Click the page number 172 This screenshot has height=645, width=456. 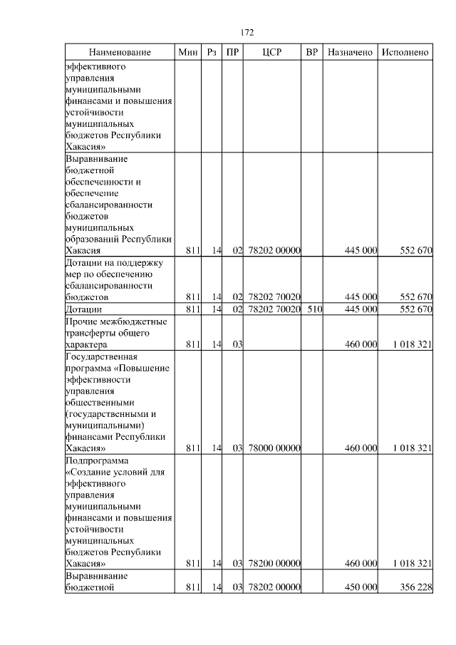247,33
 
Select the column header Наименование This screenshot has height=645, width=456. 120,53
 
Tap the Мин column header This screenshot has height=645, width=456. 187,53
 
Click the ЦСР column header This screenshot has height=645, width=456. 272,53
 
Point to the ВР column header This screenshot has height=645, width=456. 311,53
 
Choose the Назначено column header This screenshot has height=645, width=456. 350,53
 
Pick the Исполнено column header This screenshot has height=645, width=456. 405,53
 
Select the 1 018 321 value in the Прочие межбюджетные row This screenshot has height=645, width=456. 412,344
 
